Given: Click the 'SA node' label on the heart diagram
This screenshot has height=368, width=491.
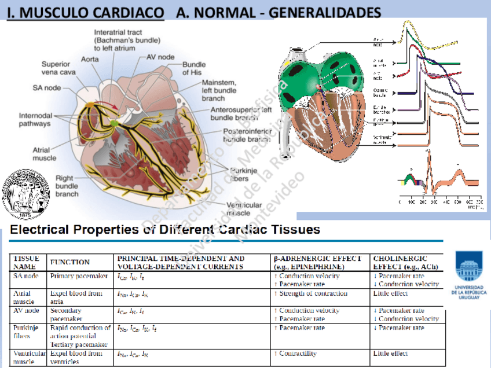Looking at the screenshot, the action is pyautogui.click(x=47, y=88).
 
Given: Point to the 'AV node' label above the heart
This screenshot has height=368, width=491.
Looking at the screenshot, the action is pyautogui.click(x=160, y=57).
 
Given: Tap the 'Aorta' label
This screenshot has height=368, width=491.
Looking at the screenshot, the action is pyautogui.click(x=89, y=59).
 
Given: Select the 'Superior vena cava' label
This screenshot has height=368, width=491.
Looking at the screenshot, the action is pyautogui.click(x=56, y=68).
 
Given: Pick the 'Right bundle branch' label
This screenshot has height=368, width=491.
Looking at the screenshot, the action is pyautogui.click(x=67, y=186).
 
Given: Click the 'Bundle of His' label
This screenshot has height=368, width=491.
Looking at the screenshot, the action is pyautogui.click(x=194, y=68).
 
